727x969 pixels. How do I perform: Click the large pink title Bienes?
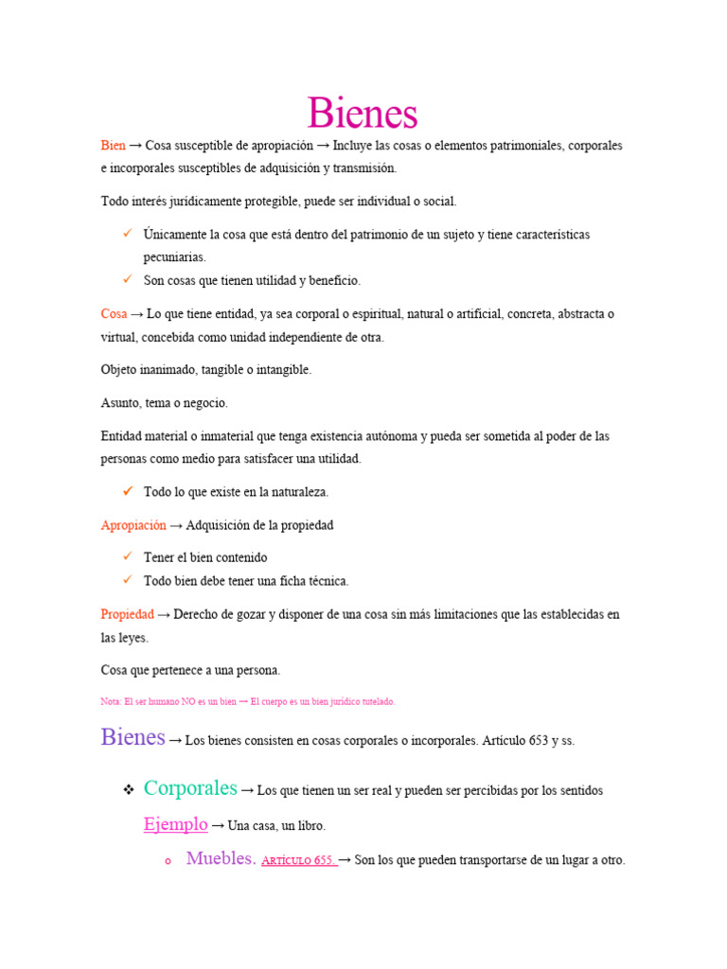click(363, 115)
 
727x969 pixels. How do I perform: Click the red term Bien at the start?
click(113, 146)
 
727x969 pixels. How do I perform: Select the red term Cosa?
click(114, 314)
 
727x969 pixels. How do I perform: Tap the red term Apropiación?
click(133, 525)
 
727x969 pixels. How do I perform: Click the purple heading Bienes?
click(133, 738)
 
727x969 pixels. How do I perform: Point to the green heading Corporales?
click(190, 788)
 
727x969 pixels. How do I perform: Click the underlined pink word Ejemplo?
click(175, 824)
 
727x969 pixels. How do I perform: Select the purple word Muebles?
click(221, 859)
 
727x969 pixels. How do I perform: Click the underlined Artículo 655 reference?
click(297, 861)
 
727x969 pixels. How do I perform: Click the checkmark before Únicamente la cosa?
click(127, 233)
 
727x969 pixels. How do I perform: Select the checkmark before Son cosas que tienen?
click(127, 280)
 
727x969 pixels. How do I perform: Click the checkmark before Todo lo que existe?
click(127, 491)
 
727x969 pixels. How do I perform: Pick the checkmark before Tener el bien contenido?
click(127, 557)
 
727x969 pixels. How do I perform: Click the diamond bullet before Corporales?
click(127, 790)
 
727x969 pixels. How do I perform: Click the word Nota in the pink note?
click(110, 702)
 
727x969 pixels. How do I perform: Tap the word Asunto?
click(120, 403)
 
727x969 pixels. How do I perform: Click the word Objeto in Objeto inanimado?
click(121, 370)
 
